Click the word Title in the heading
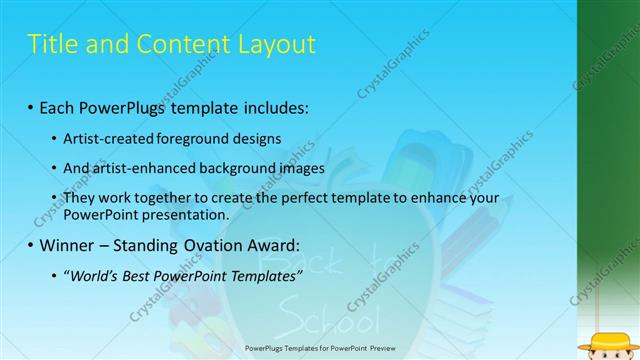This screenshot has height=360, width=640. [50, 44]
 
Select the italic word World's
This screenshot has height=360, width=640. [95, 276]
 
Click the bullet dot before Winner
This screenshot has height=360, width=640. [30, 246]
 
